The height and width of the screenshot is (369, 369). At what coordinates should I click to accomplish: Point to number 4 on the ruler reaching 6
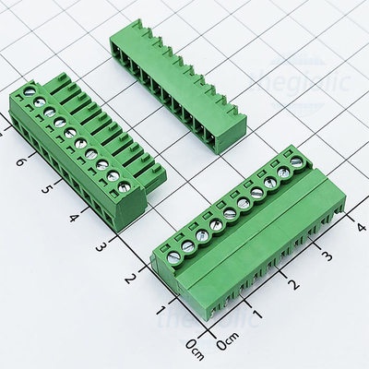coord(75,221)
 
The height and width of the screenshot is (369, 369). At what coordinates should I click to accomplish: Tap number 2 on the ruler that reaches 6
coord(132,278)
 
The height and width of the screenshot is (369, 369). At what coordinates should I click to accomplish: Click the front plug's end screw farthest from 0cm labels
coord(296,162)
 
